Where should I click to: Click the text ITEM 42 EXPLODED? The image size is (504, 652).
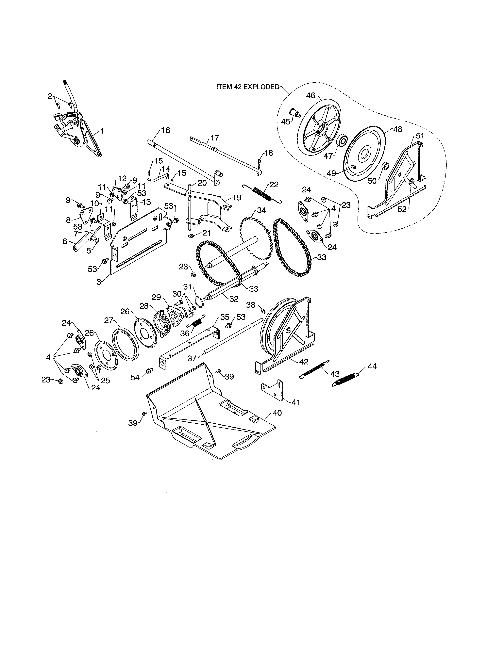247,87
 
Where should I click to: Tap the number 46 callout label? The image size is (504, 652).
311,96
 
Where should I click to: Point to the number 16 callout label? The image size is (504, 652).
165,130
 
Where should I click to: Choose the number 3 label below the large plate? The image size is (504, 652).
99,282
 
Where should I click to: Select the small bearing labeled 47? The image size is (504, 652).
342,140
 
